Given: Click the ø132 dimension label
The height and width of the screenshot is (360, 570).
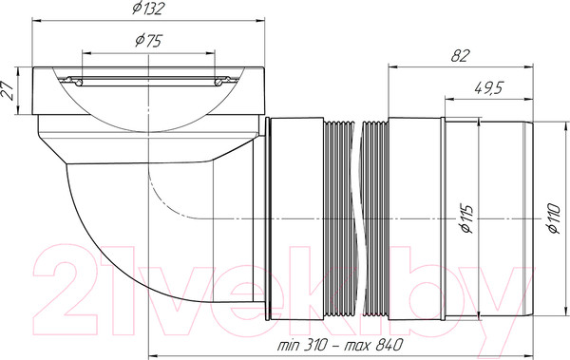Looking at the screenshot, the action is coord(148,9).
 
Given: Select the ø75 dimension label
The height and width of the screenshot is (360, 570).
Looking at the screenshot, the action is coord(148,40).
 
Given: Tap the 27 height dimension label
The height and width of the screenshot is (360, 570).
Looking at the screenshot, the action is coord(8,90).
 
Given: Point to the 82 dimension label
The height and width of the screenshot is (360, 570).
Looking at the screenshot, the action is coord(461,56).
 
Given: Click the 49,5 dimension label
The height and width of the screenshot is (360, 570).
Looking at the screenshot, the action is coord(488,88).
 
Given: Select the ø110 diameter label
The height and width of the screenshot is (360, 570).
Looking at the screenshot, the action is coord(554,218).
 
